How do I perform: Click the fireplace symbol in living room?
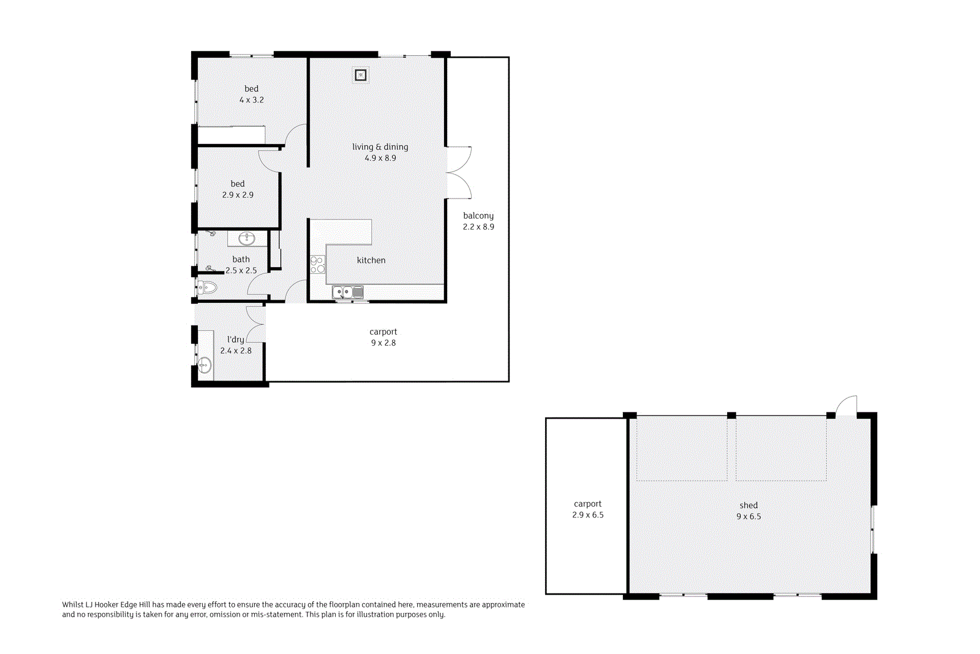pyautogui.click(x=361, y=75)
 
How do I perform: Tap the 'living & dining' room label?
pyautogui.click(x=380, y=147)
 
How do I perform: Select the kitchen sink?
pyautogui.click(x=348, y=292)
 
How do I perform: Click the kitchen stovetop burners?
pyautogui.click(x=317, y=265)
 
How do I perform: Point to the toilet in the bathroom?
pyautogui.click(x=206, y=287)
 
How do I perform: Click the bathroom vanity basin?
pyautogui.click(x=247, y=238)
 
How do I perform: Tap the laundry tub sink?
pyautogui.click(x=205, y=365)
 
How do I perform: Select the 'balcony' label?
pyautogui.click(x=478, y=216)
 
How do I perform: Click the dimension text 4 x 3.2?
pyautogui.click(x=251, y=100)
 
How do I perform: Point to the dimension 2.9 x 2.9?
pyautogui.click(x=238, y=195)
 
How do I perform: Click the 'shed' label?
pyautogui.click(x=748, y=506)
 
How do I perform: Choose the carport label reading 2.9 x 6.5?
pyautogui.click(x=587, y=515)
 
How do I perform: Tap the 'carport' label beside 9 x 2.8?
pyautogui.click(x=383, y=332)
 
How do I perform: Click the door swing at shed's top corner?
pyautogui.click(x=846, y=406)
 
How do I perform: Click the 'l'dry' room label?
pyautogui.click(x=235, y=340)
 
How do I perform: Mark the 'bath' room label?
pyautogui.click(x=241, y=259)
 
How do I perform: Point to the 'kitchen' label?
pyautogui.click(x=371, y=260)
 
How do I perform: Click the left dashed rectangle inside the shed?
pyautogui.click(x=681, y=448)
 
